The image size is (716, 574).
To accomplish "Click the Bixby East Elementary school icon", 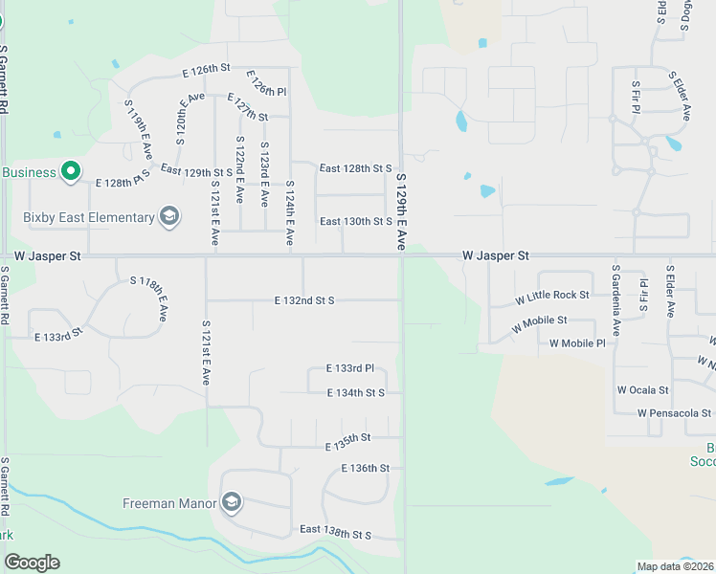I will tap(169, 216).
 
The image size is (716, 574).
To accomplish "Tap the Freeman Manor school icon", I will tap(231, 502).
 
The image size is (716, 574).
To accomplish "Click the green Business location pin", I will tap(70, 172).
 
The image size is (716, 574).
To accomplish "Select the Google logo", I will tap(32, 563).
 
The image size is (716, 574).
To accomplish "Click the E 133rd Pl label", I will tap(348, 368).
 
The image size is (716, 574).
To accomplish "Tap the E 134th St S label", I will tap(355, 393).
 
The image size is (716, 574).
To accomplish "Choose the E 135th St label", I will tap(347, 442).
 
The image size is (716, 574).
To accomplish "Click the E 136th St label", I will tap(365, 469).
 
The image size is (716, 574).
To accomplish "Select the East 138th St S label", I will tap(334, 530).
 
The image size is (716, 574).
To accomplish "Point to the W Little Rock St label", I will tap(551, 296).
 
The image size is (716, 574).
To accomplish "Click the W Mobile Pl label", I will tap(577, 342).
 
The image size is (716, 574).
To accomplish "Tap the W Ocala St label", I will tap(642, 390).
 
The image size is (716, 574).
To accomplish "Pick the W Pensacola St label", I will tap(674, 413).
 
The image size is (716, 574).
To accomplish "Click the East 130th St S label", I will tap(355, 222).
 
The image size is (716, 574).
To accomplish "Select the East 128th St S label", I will tap(355, 168).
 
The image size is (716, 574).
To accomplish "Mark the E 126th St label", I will tap(207, 69).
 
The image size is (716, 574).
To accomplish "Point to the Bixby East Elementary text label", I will tap(89, 217).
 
